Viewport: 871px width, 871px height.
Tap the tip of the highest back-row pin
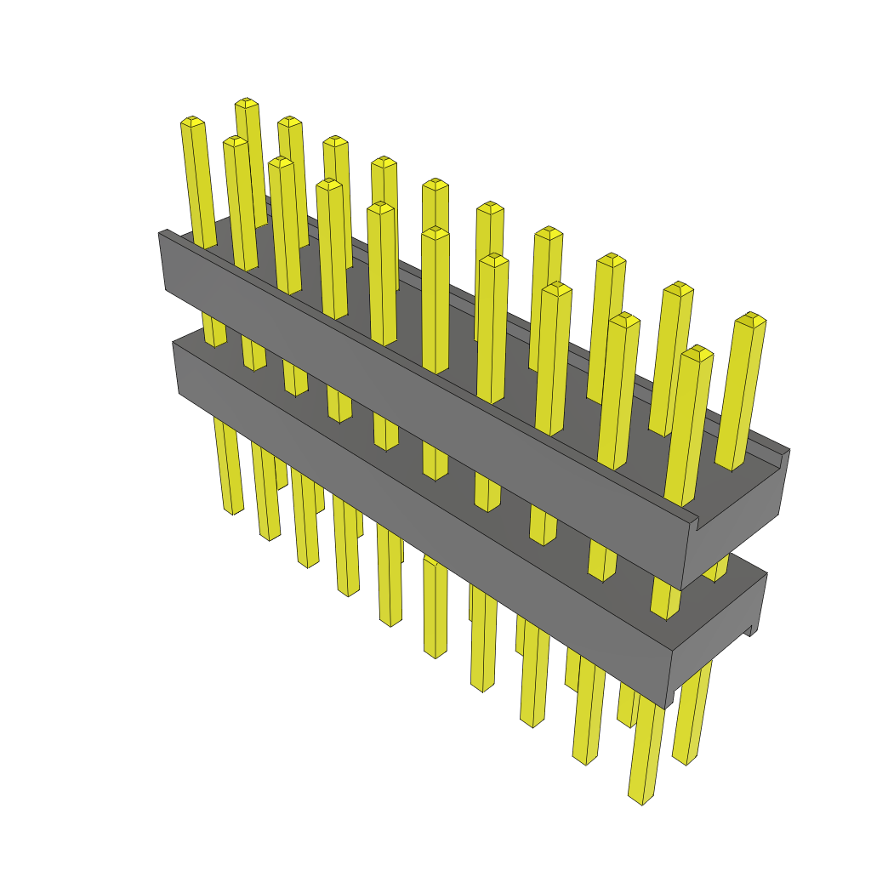[x=247, y=103]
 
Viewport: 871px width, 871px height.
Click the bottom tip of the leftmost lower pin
[x=232, y=510]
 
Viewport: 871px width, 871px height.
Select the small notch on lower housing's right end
[x=750, y=630]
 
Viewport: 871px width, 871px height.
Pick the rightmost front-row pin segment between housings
[x=666, y=599]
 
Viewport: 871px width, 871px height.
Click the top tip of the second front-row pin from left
[x=235, y=140]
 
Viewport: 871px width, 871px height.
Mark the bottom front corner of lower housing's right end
[x=667, y=706]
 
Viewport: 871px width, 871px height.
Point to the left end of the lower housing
[x=176, y=366]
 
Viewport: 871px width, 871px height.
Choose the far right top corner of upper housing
[x=788, y=450]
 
